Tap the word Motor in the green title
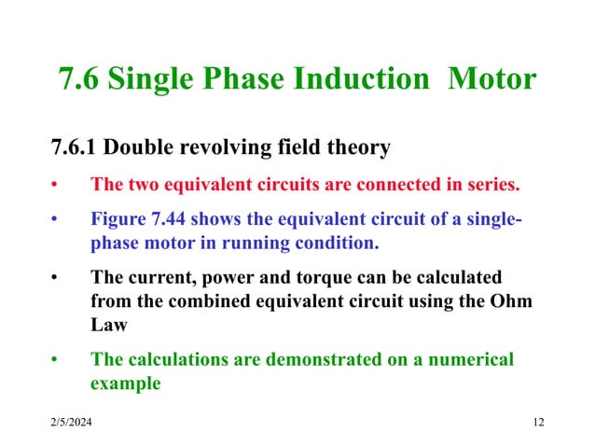click(492, 79)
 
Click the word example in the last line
click(125, 383)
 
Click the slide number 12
click(537, 425)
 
